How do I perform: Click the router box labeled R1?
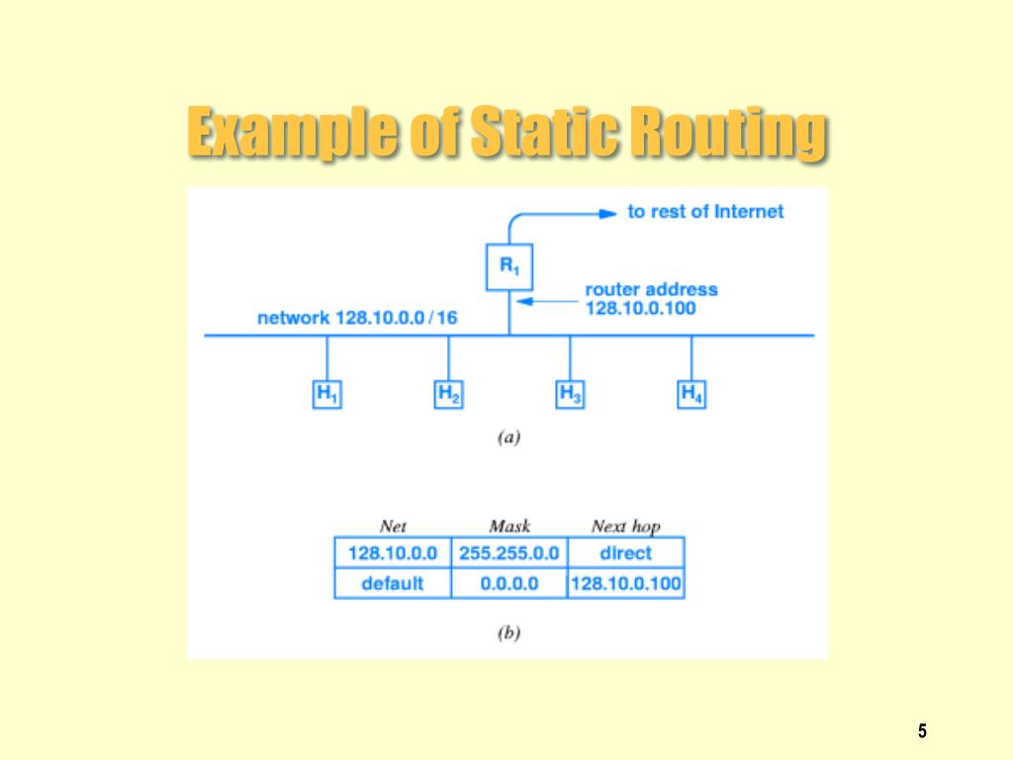pos(508,266)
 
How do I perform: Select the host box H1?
pos(327,394)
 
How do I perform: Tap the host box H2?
pos(448,394)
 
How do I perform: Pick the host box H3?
pos(570,394)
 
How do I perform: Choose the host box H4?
pos(691,394)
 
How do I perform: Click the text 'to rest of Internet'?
pos(705,211)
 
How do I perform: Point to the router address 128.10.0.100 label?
pos(651,299)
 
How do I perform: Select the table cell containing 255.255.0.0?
pos(508,552)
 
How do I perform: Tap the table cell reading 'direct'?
pos(625,552)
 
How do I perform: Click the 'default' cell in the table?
pos(392,583)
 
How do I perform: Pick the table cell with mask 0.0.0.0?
pos(508,583)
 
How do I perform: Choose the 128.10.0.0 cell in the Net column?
pos(392,552)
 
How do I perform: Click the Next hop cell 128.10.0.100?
pos(625,583)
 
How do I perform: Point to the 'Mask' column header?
pos(509,526)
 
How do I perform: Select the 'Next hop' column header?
pos(625,526)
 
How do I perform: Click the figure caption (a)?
pos(507,436)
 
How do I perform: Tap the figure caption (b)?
pos(507,633)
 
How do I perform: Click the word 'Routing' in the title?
pos(726,134)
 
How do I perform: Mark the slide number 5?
pos(922,731)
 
